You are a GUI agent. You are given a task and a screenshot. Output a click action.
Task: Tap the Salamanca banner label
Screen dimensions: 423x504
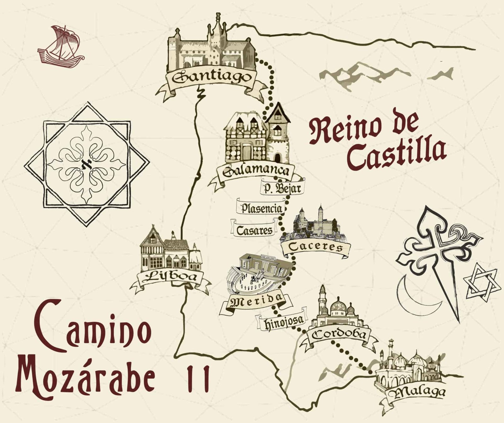(255, 171)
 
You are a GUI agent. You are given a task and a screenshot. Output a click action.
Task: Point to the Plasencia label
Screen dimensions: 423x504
(261, 208)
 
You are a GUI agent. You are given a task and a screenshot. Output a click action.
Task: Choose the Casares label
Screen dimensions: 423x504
(254, 231)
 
